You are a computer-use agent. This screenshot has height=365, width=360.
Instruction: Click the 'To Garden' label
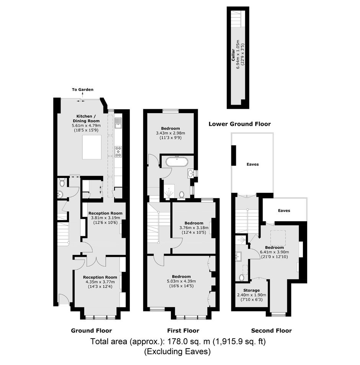click(83, 90)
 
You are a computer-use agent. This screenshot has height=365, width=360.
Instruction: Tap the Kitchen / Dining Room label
click(86, 118)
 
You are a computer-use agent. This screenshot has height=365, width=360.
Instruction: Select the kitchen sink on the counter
click(118, 123)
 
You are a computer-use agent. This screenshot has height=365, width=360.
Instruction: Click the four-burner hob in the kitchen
click(118, 151)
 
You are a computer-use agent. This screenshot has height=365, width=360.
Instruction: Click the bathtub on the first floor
click(177, 161)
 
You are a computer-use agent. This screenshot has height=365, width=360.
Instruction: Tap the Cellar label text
click(233, 55)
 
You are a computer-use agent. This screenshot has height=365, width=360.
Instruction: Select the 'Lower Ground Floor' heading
click(239, 124)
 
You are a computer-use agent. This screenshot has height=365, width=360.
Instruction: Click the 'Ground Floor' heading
click(92, 330)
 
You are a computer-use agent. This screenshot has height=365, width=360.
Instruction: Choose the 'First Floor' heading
click(183, 330)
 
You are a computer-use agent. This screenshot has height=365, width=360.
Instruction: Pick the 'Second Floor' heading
click(272, 330)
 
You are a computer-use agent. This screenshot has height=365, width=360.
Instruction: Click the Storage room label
click(251, 290)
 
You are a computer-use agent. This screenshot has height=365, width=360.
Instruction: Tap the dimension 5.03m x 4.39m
click(182, 281)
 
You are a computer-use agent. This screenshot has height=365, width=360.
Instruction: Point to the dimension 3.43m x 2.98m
click(170, 133)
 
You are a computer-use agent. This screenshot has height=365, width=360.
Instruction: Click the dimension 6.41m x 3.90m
click(275, 252)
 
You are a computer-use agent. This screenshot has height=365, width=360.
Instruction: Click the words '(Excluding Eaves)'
click(177, 351)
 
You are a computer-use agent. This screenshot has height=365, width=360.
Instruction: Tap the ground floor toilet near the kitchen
click(62, 183)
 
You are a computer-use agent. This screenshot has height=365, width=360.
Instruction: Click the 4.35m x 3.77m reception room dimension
click(100, 282)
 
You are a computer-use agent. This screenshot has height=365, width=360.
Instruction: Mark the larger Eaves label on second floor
click(252, 164)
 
